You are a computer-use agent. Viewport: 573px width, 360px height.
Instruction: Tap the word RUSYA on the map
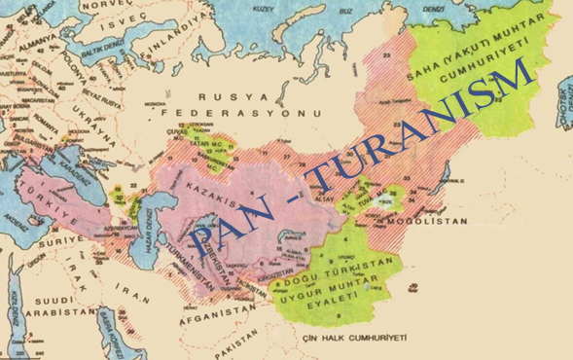[x=220, y=97]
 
